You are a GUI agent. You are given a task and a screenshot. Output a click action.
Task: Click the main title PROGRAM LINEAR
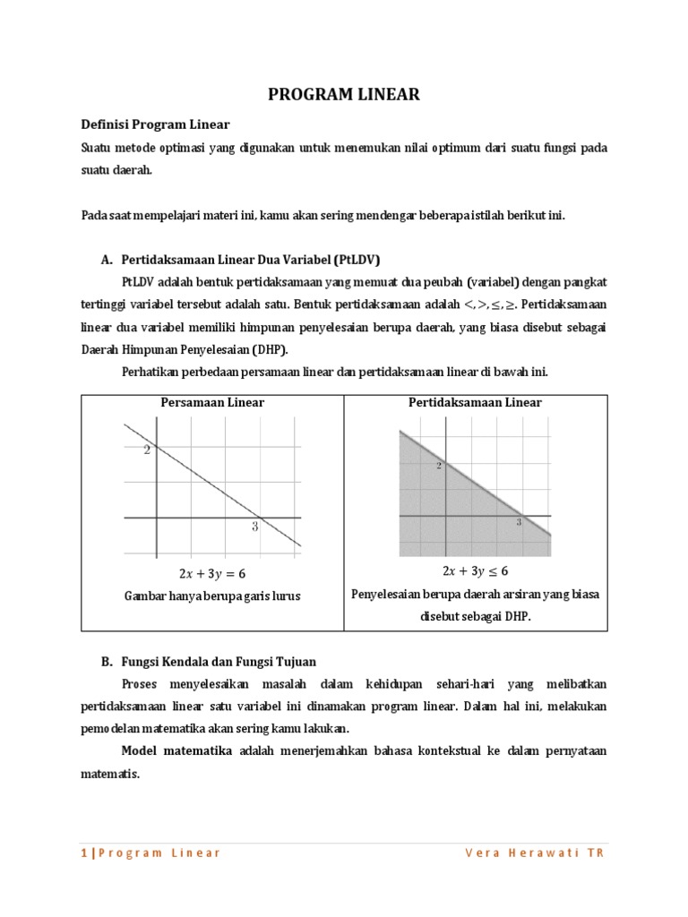345,95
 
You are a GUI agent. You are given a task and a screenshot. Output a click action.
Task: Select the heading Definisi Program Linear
156,124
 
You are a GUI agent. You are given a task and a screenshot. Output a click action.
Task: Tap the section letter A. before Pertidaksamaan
107,261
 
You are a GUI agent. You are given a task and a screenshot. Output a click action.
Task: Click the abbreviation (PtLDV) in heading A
357,261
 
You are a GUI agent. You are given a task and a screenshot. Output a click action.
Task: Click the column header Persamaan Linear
212,403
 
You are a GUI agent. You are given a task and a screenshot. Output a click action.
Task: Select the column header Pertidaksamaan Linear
475,403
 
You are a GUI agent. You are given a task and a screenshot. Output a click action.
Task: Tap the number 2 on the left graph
147,450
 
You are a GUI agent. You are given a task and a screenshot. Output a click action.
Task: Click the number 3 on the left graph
254,527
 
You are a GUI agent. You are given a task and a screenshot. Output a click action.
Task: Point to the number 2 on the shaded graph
439,466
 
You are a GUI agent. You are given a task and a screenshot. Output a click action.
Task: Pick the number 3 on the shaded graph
519,521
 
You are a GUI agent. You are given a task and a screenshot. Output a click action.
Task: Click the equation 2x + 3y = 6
212,574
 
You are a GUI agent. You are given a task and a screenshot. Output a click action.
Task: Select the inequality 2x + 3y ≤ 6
475,571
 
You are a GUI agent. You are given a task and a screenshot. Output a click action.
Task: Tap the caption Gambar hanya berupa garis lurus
212,596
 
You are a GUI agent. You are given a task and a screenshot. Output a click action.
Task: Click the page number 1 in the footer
84,853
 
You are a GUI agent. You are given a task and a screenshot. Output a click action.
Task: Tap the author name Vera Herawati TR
535,853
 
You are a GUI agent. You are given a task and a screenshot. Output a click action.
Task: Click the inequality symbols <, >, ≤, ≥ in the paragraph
491,305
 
